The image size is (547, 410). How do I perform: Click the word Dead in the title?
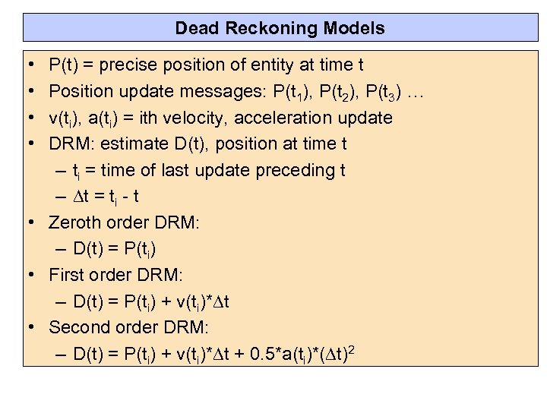pyautogui.click(x=196, y=29)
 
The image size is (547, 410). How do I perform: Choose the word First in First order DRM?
pyautogui.click(x=67, y=275)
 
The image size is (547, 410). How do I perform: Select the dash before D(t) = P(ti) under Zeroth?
pyautogui.click(x=62, y=249)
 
